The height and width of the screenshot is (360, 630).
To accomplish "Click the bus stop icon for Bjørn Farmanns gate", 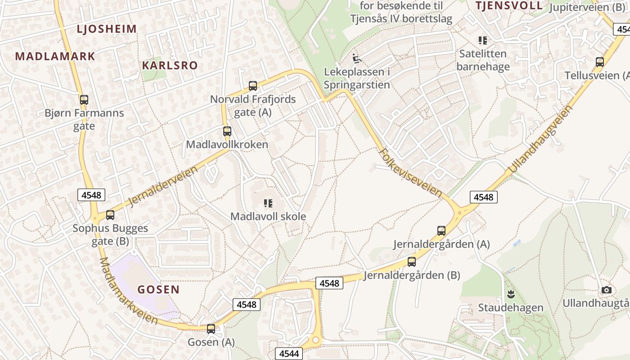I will [x=84, y=99].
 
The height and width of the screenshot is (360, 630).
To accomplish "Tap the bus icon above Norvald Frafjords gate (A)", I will [x=253, y=85].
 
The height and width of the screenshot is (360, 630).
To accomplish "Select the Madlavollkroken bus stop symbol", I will [x=227, y=131].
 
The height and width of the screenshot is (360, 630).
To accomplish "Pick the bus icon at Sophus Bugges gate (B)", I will [x=110, y=215].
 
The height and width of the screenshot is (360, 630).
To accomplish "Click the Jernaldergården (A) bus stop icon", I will [x=441, y=231].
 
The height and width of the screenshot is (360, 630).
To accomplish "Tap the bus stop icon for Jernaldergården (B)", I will [x=412, y=262].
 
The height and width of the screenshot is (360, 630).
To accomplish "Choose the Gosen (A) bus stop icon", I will [x=211, y=329].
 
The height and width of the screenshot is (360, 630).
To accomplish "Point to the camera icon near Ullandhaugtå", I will [x=607, y=290].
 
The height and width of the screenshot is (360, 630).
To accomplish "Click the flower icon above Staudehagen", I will [x=511, y=295].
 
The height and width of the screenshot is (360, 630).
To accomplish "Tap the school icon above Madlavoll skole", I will [x=268, y=203].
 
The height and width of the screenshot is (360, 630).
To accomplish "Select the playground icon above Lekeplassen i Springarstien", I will [x=357, y=58].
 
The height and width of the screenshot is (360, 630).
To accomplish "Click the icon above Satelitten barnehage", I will [x=483, y=40].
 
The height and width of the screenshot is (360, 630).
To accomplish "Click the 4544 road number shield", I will [x=289, y=353].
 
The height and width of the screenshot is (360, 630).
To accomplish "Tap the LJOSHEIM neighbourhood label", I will [x=107, y=29].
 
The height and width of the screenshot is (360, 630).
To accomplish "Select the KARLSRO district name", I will [x=170, y=65].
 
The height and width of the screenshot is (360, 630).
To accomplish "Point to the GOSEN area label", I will [x=158, y=289].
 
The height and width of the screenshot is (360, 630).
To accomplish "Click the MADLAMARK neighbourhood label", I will [x=55, y=56].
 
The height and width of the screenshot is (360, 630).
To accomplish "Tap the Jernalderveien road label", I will [x=163, y=186].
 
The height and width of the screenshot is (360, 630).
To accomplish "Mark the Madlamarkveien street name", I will [x=128, y=292].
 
